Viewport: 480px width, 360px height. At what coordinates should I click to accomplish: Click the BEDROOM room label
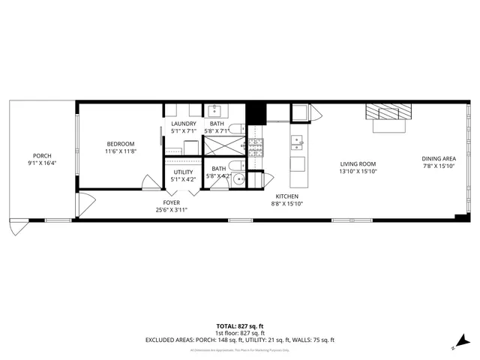120,144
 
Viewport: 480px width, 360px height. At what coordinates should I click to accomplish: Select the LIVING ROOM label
358,163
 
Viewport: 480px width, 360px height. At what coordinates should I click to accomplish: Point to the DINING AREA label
439,159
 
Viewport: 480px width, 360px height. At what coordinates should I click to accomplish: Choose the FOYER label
171,202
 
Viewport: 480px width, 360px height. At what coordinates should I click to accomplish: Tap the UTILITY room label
184,172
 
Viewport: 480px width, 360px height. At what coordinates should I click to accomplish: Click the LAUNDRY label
184,124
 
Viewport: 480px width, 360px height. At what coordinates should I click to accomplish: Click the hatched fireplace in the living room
388,112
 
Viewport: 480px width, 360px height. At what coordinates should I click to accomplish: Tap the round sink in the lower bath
238,178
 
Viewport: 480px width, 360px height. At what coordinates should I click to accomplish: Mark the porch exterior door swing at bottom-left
16,227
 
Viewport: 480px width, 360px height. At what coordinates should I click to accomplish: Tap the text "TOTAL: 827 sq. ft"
240,326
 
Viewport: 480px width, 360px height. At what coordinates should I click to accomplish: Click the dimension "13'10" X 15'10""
358,172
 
